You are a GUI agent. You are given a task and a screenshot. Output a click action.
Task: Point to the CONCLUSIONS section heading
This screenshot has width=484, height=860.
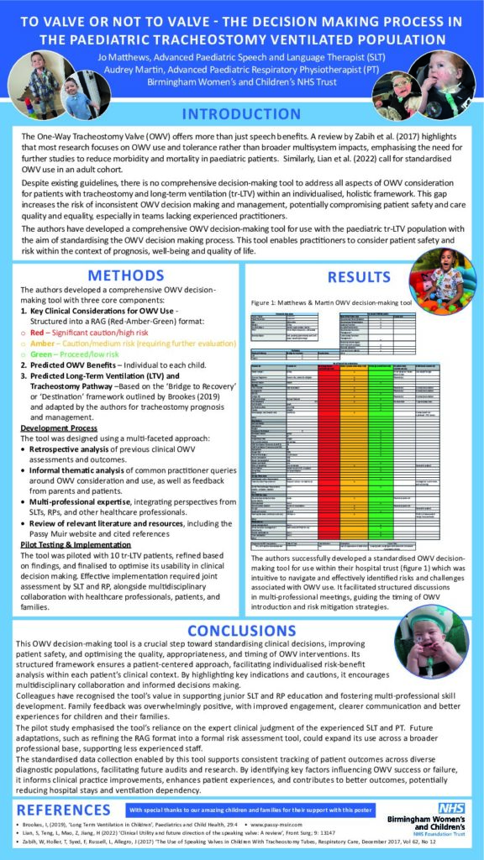coord(241,630)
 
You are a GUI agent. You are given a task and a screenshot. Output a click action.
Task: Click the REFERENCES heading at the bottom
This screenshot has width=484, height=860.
coord(63,810)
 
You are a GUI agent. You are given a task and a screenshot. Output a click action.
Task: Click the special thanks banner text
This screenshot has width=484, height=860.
coord(251,810)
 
